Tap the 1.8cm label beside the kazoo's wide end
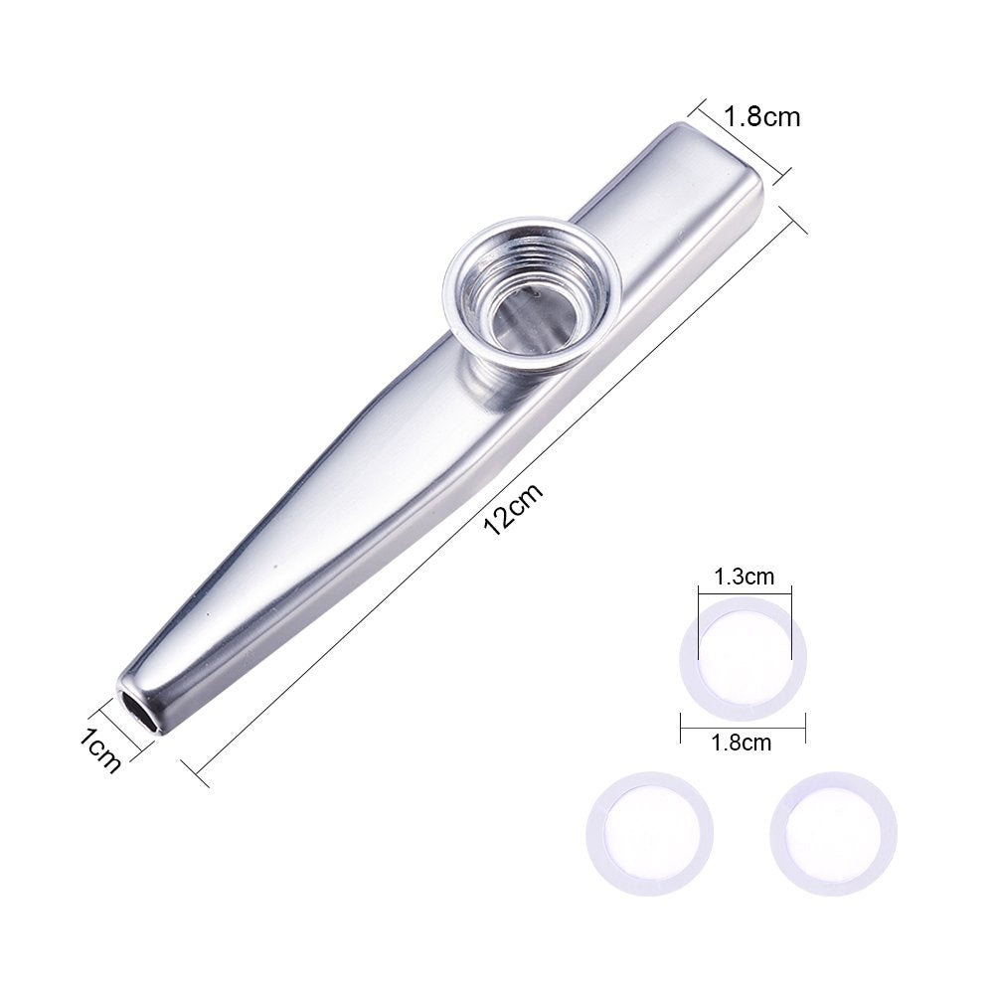click(x=761, y=116)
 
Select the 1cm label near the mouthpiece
click(x=102, y=750)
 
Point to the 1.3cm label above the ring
click(x=744, y=576)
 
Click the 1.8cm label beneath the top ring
click(x=743, y=742)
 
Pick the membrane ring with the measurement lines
click(x=743, y=657)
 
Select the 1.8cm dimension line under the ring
click(x=743, y=726)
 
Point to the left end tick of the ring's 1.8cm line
click(x=681, y=726)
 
